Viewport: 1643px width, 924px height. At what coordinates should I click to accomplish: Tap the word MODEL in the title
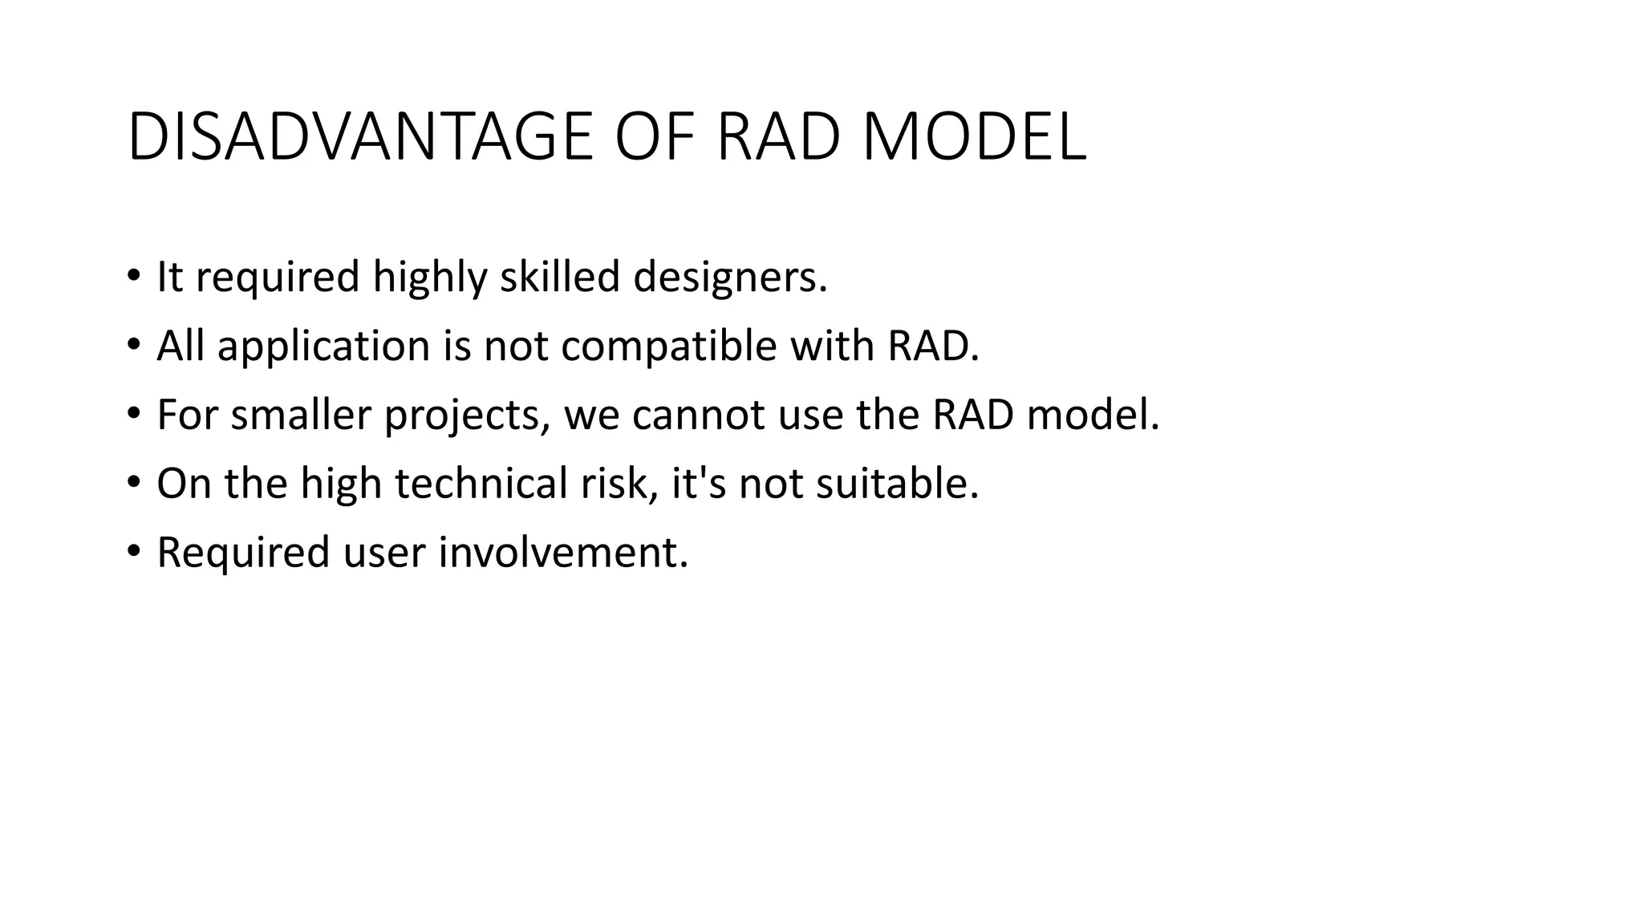click(x=974, y=138)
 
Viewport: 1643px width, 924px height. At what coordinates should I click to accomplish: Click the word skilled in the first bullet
click(x=560, y=278)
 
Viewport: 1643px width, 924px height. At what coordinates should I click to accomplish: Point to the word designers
click(x=729, y=278)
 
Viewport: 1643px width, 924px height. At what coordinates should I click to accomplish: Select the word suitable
click(x=897, y=484)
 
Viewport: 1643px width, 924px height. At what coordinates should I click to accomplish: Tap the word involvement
click(x=563, y=553)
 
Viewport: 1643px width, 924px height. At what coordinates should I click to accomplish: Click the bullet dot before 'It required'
click(x=133, y=278)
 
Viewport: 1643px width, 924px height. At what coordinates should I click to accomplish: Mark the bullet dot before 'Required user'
click(x=133, y=553)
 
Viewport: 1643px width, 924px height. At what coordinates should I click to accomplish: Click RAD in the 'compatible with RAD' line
click(x=932, y=346)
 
